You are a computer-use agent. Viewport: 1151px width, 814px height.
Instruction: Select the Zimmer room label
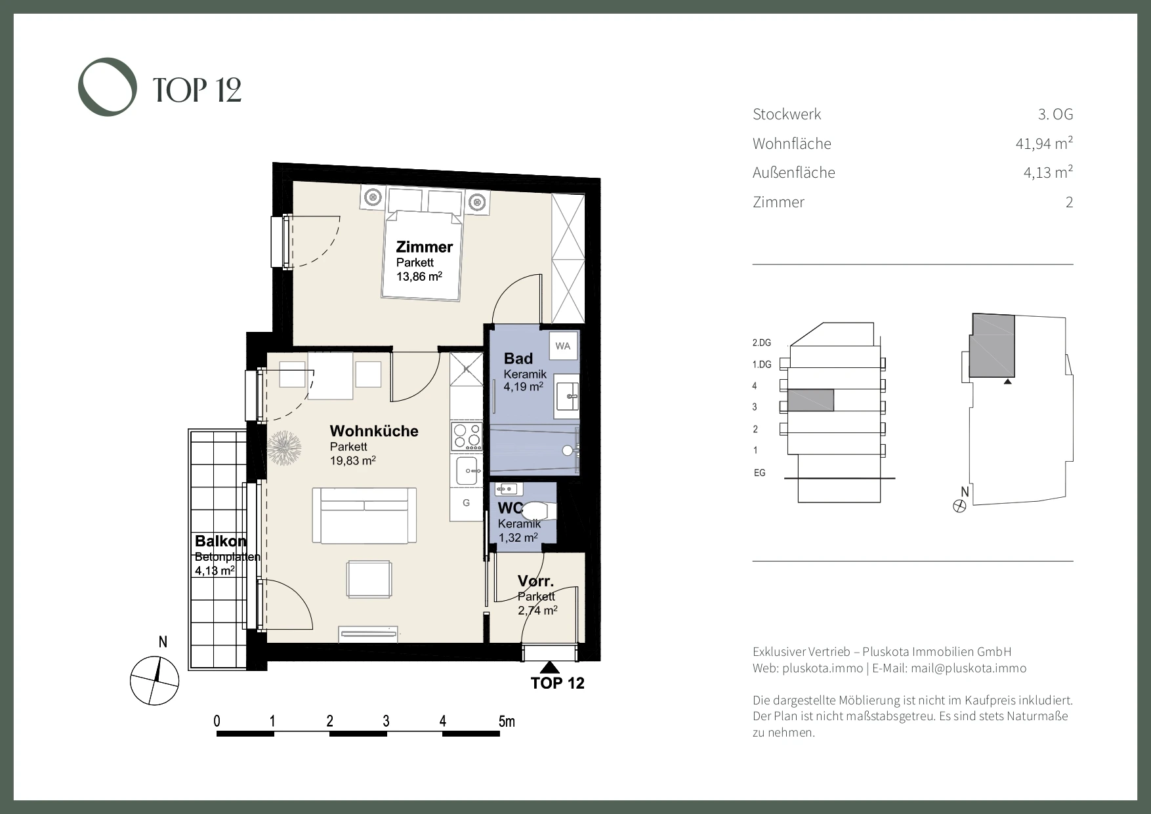424,247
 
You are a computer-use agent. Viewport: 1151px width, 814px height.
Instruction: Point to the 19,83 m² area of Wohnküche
352,460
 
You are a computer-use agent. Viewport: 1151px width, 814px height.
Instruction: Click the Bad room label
518,359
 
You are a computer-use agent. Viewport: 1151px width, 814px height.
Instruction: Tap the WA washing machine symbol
563,346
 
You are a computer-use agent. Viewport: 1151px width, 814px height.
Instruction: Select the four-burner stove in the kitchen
467,437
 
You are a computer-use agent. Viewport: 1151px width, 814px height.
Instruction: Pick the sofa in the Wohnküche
364,515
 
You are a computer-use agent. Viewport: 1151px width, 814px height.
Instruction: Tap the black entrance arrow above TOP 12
552,668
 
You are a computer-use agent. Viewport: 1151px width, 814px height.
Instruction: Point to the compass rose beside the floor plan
155,680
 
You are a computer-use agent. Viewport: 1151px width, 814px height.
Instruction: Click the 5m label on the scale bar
507,722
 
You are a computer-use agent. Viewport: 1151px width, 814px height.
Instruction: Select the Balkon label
220,541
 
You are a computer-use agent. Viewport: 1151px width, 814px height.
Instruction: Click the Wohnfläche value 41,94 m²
1044,143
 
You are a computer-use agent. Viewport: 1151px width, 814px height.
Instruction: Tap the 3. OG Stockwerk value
1056,114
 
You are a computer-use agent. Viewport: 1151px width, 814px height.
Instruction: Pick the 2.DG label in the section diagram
762,343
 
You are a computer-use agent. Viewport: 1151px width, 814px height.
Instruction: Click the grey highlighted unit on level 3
810,401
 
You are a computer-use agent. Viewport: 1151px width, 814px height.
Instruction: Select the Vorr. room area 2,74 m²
537,610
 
